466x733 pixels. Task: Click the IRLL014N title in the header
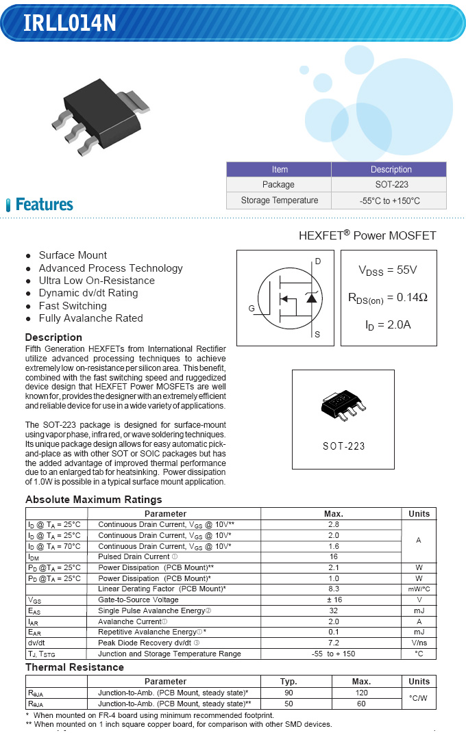(70, 23)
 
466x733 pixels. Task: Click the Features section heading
(44, 205)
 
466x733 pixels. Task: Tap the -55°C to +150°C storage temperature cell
(389, 201)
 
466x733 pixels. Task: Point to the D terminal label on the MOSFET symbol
(317, 261)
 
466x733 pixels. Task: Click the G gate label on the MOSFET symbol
(252, 309)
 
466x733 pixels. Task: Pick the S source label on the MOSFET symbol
(317, 335)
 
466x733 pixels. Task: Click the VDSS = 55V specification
(387, 270)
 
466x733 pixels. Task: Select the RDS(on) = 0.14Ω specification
(387, 298)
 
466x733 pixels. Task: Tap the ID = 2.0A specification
(387, 324)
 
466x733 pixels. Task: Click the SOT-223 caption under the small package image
(343, 446)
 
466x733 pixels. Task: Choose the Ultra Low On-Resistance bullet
(97, 281)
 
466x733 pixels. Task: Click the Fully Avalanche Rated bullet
(90, 318)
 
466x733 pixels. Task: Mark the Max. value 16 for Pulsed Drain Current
(333, 557)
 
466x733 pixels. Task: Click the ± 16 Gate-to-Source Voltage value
(333, 600)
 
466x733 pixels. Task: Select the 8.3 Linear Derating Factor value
(333, 589)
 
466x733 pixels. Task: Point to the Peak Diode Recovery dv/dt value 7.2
(333, 643)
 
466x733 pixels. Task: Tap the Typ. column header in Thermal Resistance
(289, 682)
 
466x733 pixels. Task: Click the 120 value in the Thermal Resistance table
(361, 693)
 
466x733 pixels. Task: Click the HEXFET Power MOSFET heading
(367, 235)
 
